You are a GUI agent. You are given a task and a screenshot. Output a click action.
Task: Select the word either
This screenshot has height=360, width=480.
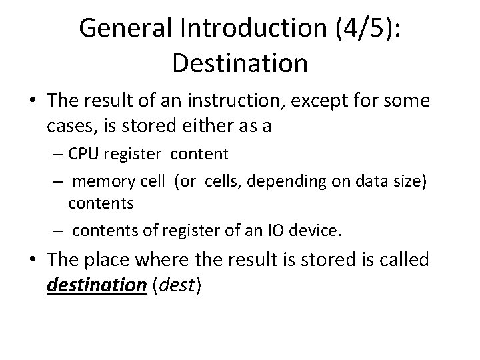[194, 125]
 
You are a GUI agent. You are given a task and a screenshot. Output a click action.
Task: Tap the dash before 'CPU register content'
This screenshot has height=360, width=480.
[59, 155]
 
